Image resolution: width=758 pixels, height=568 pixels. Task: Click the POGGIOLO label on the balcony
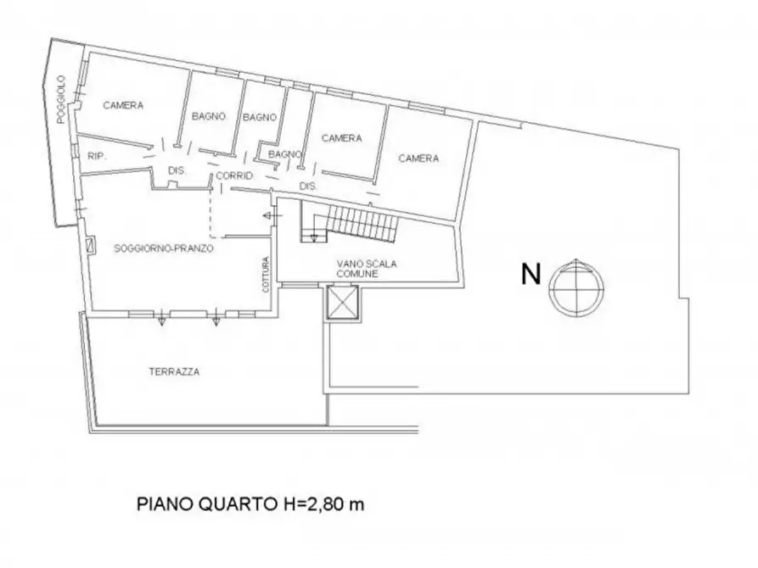click(x=61, y=111)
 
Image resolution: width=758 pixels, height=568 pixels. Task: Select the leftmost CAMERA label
click(x=123, y=106)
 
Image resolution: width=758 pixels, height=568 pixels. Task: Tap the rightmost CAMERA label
click(x=418, y=158)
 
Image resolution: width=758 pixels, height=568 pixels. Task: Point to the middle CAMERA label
click(x=342, y=137)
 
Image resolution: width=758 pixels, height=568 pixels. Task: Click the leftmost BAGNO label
click(x=208, y=117)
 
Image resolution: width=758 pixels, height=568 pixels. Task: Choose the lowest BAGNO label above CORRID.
click(x=285, y=154)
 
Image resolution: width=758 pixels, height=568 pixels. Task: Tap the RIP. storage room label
click(x=95, y=155)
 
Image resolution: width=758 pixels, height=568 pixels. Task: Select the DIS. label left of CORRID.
click(x=176, y=170)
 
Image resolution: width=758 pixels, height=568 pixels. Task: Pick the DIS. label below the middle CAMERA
click(x=307, y=186)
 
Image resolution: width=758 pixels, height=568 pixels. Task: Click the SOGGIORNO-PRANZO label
click(x=163, y=249)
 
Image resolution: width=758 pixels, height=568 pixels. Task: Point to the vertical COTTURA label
click(x=266, y=275)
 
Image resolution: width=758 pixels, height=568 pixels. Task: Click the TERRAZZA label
click(x=173, y=371)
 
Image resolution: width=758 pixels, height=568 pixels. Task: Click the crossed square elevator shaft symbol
click(x=342, y=303)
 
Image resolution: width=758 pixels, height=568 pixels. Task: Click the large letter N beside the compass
click(x=531, y=274)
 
